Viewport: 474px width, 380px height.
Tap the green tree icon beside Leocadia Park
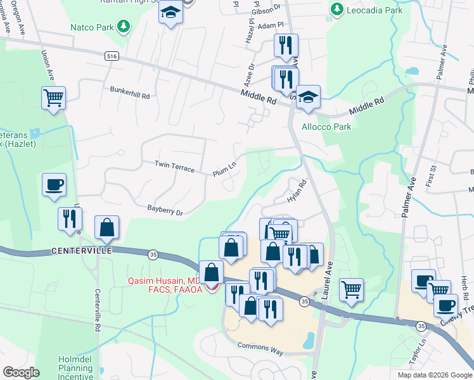(x=336, y=11)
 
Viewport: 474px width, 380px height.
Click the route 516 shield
(x=112, y=56)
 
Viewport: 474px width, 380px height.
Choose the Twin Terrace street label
(x=174, y=167)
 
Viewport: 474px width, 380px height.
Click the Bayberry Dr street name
(x=165, y=210)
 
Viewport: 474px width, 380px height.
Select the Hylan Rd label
(x=297, y=191)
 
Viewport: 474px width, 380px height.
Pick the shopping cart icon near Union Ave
(x=53, y=98)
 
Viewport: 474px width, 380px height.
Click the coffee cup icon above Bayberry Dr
(x=54, y=184)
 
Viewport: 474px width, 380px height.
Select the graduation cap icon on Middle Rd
(x=308, y=97)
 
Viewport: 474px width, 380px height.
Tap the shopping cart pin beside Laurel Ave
(x=350, y=289)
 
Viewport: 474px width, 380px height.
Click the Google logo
(x=21, y=372)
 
